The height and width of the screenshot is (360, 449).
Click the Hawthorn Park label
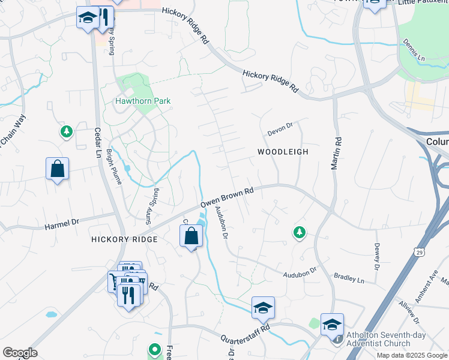143,101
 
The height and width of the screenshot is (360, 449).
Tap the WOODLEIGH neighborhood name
283,152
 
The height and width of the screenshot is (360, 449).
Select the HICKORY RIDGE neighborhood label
124,239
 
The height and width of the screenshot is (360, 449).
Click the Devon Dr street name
279,127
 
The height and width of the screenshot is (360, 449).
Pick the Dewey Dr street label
377,255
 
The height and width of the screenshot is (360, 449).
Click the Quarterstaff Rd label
245,332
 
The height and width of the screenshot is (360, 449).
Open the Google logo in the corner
20,353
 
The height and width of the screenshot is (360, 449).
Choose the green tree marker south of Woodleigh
298,232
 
